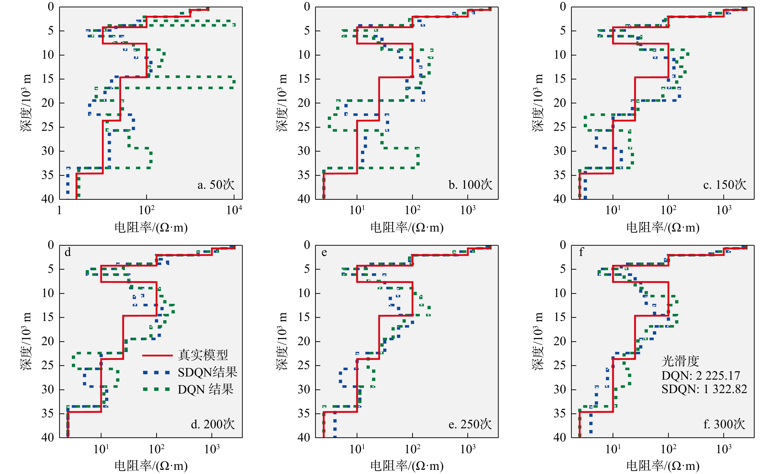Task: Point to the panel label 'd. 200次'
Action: pos(213,424)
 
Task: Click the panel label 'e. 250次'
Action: pos(470,424)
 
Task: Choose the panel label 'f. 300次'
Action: pos(724,424)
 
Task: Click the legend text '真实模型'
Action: pos(203,355)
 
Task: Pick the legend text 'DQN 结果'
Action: pos(206,389)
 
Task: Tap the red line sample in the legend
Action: pos(157,355)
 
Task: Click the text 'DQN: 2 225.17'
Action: pos(701,375)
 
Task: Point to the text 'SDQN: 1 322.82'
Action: pos(704,389)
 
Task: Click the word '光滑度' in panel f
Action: pos(680,361)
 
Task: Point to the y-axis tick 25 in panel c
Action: pos(560,127)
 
